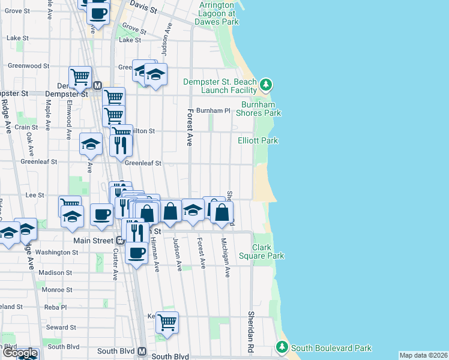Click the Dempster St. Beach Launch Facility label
click(219, 86)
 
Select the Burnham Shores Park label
click(258, 109)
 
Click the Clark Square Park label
click(268, 251)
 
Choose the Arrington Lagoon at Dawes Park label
click(217, 13)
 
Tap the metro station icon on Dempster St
click(97, 86)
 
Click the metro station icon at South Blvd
click(142, 352)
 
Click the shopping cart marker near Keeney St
click(167, 322)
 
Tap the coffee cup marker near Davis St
click(98, 11)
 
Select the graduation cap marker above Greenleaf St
click(91, 144)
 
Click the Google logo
click(20, 353)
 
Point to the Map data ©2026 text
click(423, 355)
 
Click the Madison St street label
click(55, 272)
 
